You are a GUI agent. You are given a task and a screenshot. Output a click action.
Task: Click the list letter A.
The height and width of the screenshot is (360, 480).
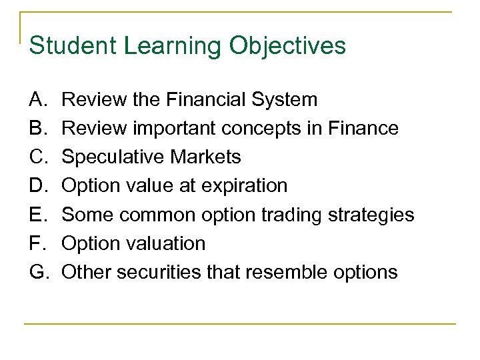[x=37, y=100]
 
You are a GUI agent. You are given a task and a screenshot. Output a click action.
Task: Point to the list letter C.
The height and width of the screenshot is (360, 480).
[x=38, y=157]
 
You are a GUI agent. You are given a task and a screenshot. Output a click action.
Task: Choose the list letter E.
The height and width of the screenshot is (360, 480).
[x=37, y=215]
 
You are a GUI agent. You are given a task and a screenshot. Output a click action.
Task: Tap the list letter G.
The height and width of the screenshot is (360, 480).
[x=39, y=272]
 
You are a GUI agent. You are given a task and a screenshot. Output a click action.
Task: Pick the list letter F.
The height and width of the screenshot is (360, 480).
[x=37, y=243]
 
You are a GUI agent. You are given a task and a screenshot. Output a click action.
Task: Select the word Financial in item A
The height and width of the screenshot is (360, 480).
[x=206, y=100]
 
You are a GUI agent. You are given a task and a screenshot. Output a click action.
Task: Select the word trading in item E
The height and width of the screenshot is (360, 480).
[x=299, y=215]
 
